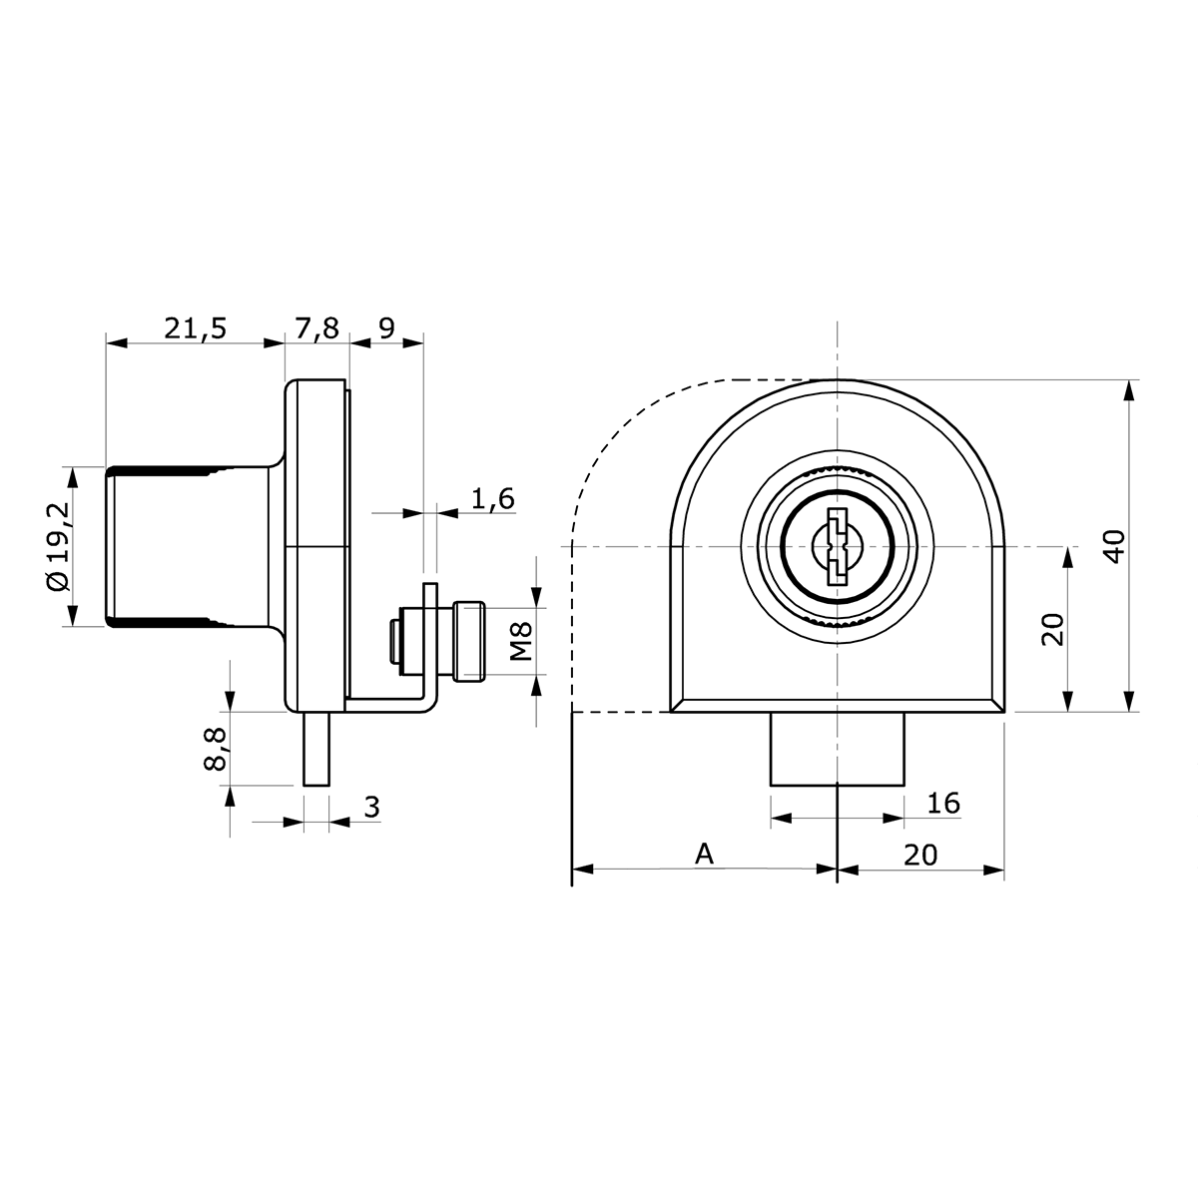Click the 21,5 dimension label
coord(196,328)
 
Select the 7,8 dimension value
coord(316,328)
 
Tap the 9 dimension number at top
coord(386,327)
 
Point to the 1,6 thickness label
coord(493,498)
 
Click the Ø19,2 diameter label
coord(60,548)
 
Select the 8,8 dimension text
coord(215,750)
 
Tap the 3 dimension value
coord(371,807)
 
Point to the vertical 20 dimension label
coord(1052,629)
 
